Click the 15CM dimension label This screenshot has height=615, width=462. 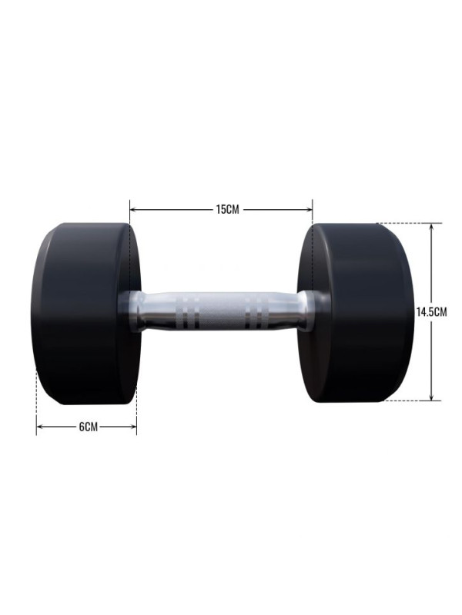click(227, 209)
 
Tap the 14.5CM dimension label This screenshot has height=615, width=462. click(431, 312)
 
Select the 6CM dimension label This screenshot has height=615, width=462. click(88, 427)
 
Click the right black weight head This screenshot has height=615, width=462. click(356, 313)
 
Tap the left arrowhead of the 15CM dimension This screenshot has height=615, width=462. click(132, 210)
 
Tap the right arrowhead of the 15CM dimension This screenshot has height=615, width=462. click(310, 210)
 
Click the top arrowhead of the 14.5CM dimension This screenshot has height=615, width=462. click(431, 227)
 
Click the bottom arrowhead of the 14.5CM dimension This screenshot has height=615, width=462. click(431, 397)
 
